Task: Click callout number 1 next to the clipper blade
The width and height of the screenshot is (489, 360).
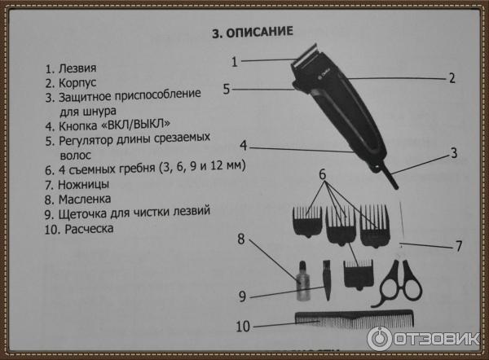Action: click(x=234, y=61)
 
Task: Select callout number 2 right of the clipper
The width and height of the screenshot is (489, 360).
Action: click(x=451, y=79)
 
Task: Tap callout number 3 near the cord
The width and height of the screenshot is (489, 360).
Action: click(x=454, y=152)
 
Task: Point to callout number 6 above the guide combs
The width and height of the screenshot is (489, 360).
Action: click(x=322, y=174)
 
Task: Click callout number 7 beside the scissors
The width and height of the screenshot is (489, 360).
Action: click(x=458, y=244)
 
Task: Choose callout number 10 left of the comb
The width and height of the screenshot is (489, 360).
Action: click(x=242, y=327)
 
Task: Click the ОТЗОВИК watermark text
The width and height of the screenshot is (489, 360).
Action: click(x=435, y=338)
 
